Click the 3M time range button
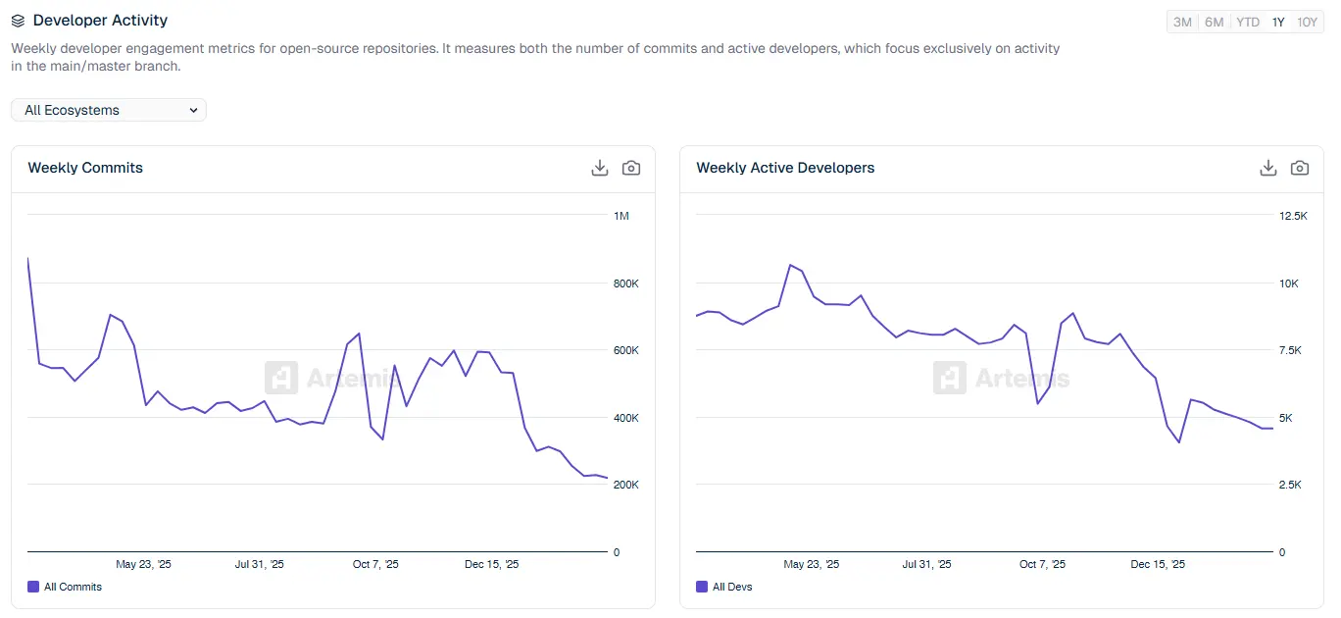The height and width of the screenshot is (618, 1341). pos(1182,22)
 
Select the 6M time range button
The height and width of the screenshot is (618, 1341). pos(1214,22)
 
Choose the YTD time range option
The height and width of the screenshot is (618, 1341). pos(1247,22)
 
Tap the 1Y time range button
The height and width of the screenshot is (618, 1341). pos(1278,22)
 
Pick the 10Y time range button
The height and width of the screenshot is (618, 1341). pos(1307,22)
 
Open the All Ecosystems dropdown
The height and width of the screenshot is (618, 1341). pos(109,110)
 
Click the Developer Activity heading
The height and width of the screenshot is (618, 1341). pos(100,20)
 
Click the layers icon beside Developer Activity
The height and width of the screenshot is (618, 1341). pos(18,21)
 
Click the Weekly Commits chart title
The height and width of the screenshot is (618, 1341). pos(85,168)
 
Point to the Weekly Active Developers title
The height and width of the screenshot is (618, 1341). pos(785,168)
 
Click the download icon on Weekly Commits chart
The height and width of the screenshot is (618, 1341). pos(600,168)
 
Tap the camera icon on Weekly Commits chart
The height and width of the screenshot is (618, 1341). pos(631,168)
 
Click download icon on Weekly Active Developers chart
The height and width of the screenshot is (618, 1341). pos(1268,168)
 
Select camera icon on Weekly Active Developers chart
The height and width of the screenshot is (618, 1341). pos(1300,168)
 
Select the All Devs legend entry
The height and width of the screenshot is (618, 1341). pos(724,587)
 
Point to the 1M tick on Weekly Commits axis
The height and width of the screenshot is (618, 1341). pos(621,216)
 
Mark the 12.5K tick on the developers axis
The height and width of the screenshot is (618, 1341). pos(1294,216)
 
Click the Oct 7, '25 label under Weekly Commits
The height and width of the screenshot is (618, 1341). pos(376,564)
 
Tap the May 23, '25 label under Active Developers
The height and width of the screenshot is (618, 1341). pos(812,564)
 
